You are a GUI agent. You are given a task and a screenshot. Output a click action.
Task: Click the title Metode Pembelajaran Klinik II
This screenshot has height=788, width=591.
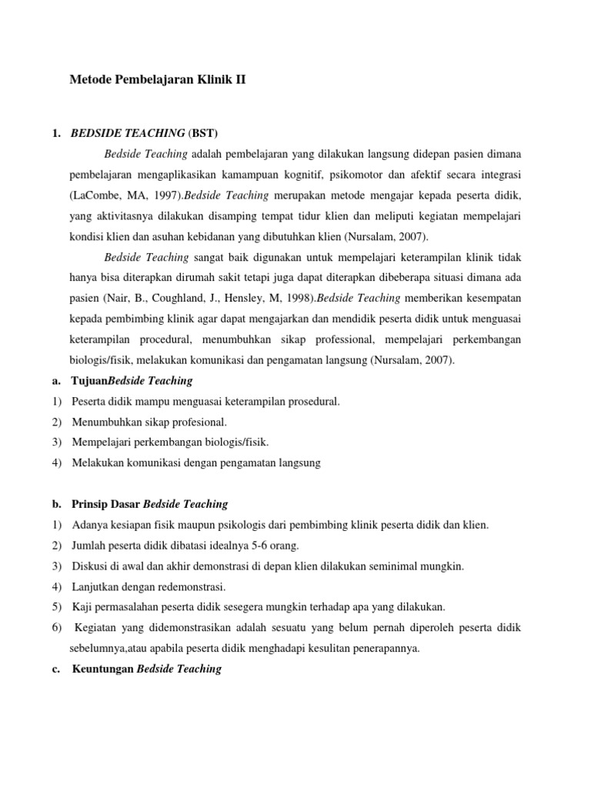coord(158,78)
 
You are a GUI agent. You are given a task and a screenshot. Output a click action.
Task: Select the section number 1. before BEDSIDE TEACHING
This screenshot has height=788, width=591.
coord(56,133)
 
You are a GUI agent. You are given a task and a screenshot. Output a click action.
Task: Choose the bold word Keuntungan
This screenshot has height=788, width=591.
coord(103,669)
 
